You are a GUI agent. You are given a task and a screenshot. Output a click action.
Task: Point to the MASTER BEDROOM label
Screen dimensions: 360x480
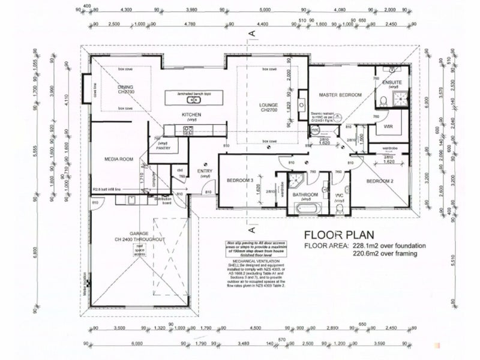[340, 95]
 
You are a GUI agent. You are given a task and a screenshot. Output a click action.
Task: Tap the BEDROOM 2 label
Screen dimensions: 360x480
[380, 181]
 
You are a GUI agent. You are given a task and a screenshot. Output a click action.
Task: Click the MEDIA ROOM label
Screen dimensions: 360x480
[118, 159]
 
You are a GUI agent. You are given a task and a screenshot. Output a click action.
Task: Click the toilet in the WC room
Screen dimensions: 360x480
[340, 208]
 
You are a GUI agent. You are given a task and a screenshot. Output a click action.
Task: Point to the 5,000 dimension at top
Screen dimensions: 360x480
[264, 10]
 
